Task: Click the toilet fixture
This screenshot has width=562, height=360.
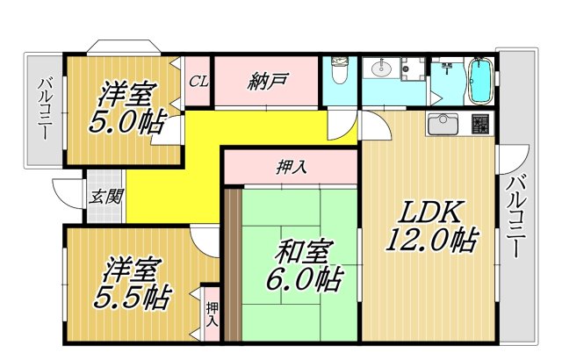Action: tap(339, 70)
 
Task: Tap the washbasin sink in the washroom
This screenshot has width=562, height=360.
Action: tap(381, 68)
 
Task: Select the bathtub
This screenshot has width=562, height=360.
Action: tap(480, 81)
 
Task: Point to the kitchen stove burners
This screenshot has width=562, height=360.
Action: tap(479, 126)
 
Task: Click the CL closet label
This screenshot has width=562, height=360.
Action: tap(198, 82)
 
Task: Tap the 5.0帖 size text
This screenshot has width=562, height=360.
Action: tap(125, 122)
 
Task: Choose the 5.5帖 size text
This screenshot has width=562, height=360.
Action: tap(132, 297)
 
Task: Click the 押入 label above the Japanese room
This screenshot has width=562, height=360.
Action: tap(291, 167)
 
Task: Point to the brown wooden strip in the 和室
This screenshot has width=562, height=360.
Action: tap(232, 263)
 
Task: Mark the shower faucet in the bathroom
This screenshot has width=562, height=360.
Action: tap(448, 67)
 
